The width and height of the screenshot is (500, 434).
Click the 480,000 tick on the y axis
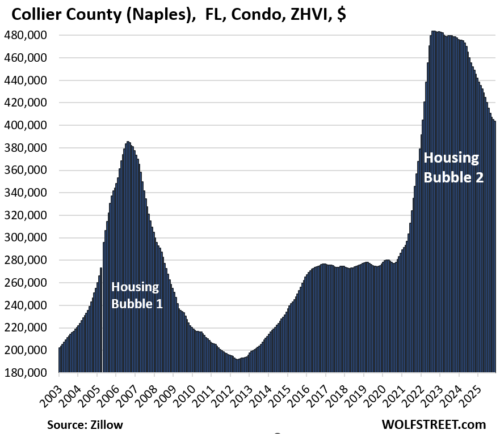pos(26,36)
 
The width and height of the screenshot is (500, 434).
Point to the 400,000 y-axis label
pos(26,125)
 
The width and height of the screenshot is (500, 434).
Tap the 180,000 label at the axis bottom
pos(26,373)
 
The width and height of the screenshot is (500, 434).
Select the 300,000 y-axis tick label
pos(26,238)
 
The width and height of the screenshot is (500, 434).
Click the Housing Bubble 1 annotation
pos(137,295)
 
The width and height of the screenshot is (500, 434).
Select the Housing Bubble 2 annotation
pos(453,167)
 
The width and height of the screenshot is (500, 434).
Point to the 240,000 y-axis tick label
pos(26,305)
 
